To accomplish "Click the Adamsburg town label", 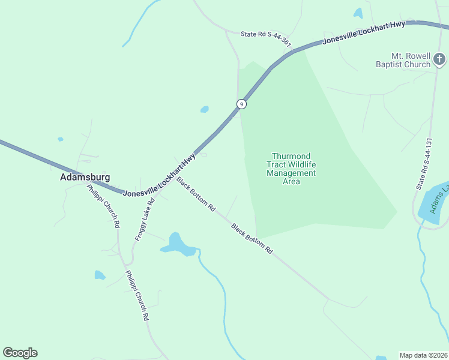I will click(85, 178).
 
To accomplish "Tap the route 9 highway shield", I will click(241, 104).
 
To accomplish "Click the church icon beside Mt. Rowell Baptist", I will click(439, 59).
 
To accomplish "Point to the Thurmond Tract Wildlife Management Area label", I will click(291, 169).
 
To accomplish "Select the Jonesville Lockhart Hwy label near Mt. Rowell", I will click(364, 32).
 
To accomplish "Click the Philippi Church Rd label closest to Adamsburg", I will click(104, 206).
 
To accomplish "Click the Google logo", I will click(20, 353).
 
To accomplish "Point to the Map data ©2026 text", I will click(424, 355).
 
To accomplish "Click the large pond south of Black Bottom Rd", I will click(176, 245).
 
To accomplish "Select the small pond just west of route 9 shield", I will click(205, 109).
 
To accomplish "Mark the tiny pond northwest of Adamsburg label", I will click(60, 139).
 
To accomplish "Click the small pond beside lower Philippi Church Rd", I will click(100, 275).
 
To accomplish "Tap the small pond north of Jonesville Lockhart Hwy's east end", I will click(358, 13).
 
